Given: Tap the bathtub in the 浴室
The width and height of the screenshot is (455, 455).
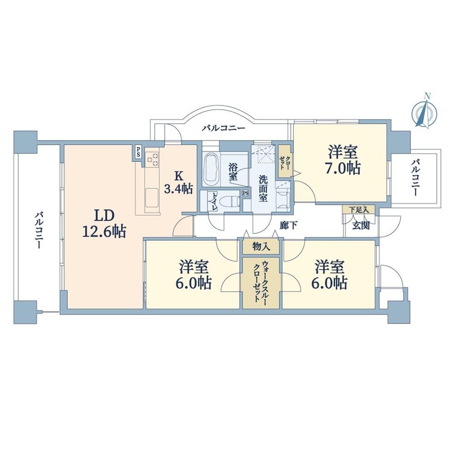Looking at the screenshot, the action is [x=211, y=169].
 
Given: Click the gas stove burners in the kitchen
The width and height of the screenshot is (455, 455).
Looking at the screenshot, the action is [x=153, y=159].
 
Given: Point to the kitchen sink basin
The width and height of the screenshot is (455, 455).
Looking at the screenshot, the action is [x=151, y=197].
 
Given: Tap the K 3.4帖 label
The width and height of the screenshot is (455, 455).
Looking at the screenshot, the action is [x=178, y=182].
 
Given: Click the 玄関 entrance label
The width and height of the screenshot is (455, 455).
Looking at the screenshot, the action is [x=361, y=226].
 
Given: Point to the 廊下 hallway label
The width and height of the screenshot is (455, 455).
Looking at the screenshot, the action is [x=288, y=226].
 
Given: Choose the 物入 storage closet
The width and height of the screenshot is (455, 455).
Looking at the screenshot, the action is [x=261, y=247].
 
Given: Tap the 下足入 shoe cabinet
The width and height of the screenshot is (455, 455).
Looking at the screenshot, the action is [x=359, y=210].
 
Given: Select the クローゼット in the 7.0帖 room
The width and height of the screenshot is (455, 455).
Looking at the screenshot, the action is [x=285, y=161].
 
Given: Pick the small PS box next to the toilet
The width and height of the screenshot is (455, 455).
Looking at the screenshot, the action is [x=245, y=193].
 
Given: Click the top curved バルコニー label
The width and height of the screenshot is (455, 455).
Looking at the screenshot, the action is [x=224, y=128].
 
